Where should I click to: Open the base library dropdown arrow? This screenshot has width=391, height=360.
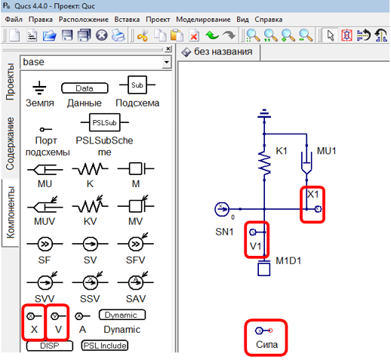(x=166, y=61)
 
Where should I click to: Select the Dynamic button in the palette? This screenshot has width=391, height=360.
(x=122, y=315)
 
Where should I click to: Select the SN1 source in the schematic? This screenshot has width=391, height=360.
(x=223, y=208)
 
